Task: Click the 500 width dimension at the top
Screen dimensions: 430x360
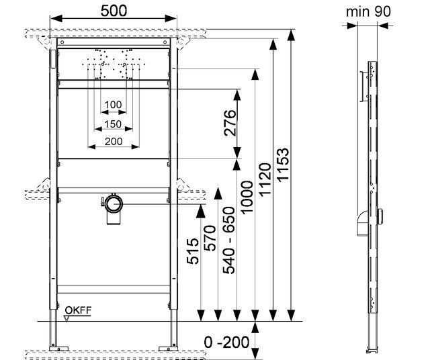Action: [x=114, y=11]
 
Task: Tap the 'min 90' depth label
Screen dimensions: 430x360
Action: [x=368, y=11]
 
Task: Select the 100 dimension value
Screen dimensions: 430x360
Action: [x=113, y=105]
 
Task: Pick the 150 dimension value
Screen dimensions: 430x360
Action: [x=113, y=124]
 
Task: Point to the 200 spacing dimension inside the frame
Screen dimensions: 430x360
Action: [x=114, y=142]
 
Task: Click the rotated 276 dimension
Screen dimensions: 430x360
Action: [x=230, y=123]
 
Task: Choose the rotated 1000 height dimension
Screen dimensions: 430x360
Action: [x=247, y=197]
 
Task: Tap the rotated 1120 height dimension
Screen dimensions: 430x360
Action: [x=265, y=179]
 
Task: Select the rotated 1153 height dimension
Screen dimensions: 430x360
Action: [x=283, y=165]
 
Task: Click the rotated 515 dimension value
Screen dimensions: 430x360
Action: [x=193, y=251]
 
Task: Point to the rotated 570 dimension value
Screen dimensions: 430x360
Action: [x=210, y=238]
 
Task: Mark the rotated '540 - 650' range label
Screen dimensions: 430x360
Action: [x=228, y=240]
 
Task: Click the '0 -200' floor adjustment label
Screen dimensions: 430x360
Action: [x=226, y=342]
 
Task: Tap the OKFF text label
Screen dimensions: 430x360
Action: [x=78, y=310]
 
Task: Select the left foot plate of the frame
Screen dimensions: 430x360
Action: [x=58, y=349]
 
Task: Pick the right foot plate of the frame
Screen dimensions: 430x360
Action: [x=168, y=349]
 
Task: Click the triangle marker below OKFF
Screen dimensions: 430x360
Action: [x=67, y=318]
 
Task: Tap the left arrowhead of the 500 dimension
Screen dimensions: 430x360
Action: [x=56, y=19]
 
